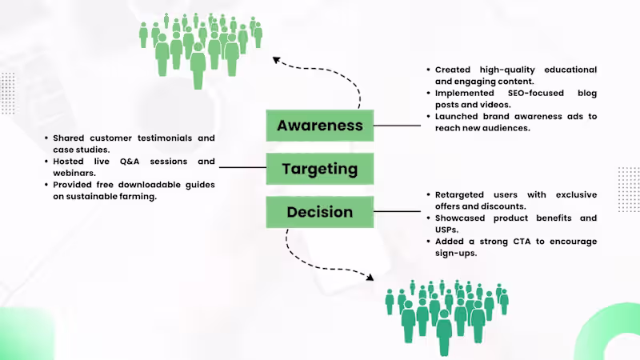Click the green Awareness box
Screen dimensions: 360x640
click(320, 126)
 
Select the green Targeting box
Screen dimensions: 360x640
click(320, 169)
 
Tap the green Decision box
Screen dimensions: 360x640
click(320, 212)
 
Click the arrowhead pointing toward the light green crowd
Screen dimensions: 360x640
click(277, 59)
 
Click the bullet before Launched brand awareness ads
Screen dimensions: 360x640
click(428, 117)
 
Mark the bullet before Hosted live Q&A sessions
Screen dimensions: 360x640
click(46, 161)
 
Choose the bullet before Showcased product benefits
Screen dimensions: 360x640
click(428, 218)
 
